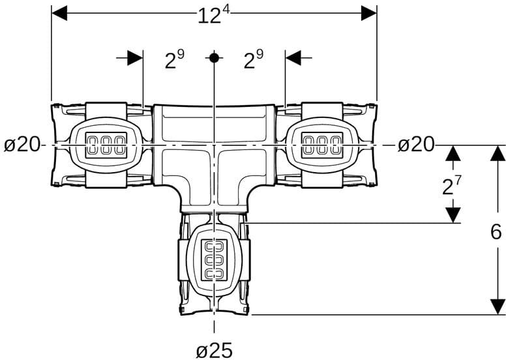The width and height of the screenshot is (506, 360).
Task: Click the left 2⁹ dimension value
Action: point(173,61)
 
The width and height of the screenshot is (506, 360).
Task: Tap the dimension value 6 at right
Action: point(497,232)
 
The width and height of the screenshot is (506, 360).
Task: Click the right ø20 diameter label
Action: point(416,145)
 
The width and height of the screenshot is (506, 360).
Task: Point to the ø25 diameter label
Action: point(214,350)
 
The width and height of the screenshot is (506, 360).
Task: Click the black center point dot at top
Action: point(214,57)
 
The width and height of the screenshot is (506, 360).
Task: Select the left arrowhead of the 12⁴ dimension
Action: point(59,13)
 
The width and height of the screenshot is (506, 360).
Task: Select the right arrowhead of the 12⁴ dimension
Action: point(369,13)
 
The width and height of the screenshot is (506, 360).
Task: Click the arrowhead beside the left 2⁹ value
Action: point(135,57)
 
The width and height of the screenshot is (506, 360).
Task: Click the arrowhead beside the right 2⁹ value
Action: point(293,57)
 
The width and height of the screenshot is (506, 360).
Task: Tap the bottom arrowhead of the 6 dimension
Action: point(498,307)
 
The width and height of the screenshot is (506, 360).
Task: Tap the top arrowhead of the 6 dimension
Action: point(498,154)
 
